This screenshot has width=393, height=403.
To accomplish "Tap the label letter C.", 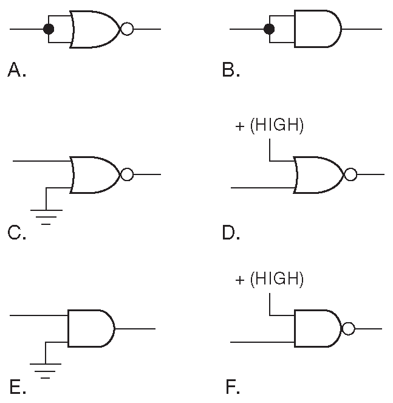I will click(x=15, y=233).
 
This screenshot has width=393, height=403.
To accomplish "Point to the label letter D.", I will click(x=230, y=233).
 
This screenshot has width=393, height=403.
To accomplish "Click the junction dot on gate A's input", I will click(x=49, y=29).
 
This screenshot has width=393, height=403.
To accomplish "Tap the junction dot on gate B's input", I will click(x=270, y=29).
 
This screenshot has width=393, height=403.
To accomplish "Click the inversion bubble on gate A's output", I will click(x=127, y=29).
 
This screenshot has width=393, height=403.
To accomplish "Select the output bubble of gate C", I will click(x=127, y=175).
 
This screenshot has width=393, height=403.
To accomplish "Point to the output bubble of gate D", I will click(x=350, y=175).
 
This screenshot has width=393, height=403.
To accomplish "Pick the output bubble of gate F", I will click(x=347, y=329).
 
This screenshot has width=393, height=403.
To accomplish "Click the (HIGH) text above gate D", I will click(x=277, y=126).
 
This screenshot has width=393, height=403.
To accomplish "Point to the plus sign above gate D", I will click(x=239, y=127).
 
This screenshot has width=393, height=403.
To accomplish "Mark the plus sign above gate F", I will click(x=239, y=280).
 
